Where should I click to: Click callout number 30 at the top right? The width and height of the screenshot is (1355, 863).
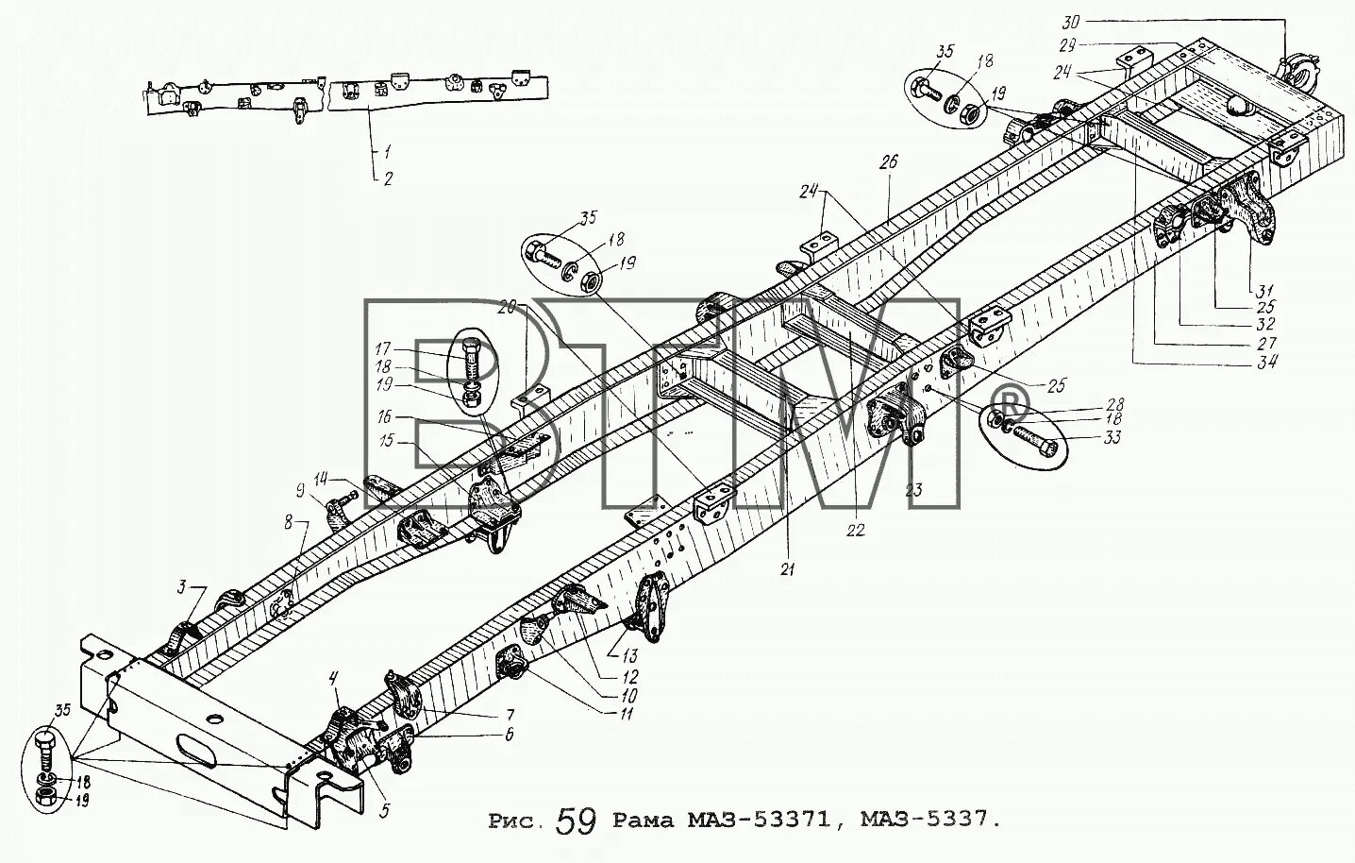click(x=1071, y=23)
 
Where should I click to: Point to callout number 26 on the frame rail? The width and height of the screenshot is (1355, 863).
click(x=889, y=162)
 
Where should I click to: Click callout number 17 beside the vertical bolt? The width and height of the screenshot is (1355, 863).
click(x=383, y=348)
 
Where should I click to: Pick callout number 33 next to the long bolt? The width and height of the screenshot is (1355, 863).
click(x=1112, y=437)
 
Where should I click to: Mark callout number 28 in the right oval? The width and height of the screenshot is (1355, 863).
click(x=1114, y=404)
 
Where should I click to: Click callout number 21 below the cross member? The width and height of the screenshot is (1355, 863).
click(x=787, y=569)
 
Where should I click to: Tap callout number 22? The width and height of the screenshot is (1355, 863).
click(x=855, y=530)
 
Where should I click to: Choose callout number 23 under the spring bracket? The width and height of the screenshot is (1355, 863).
click(x=913, y=489)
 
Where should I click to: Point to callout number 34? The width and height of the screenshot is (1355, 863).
click(x=1266, y=362)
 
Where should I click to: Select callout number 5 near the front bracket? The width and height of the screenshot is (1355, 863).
click(x=385, y=809)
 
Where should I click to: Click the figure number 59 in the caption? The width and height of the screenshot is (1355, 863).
click(x=577, y=821)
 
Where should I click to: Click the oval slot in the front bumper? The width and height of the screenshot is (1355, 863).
click(x=196, y=753)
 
